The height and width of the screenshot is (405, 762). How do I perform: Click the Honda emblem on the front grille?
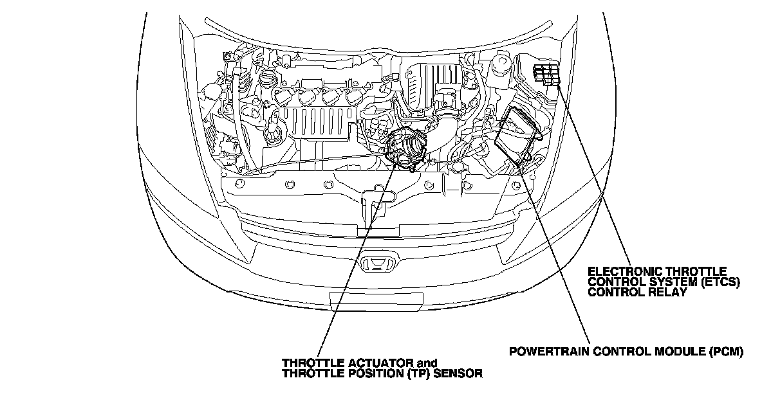(377, 264)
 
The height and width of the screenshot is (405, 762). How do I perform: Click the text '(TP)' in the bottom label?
(420, 373)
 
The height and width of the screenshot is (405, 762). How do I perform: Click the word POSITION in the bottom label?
(378, 373)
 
